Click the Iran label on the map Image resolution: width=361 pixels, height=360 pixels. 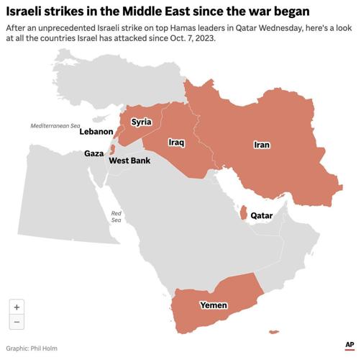pyautogui.click(x=262, y=145)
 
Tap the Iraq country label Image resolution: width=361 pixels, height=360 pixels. pyautogui.click(x=177, y=143)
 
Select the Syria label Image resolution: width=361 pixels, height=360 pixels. pyautogui.click(x=141, y=122)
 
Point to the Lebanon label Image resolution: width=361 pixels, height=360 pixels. pyautogui.click(x=96, y=132)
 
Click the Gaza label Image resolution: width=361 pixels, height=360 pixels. pyautogui.click(x=93, y=153)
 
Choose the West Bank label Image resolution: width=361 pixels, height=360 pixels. pyautogui.click(x=129, y=161)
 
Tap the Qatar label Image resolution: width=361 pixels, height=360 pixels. pyautogui.click(x=261, y=215)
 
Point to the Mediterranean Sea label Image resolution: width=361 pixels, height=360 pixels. pyautogui.click(x=55, y=125)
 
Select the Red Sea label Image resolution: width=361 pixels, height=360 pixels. pyautogui.click(x=116, y=217)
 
